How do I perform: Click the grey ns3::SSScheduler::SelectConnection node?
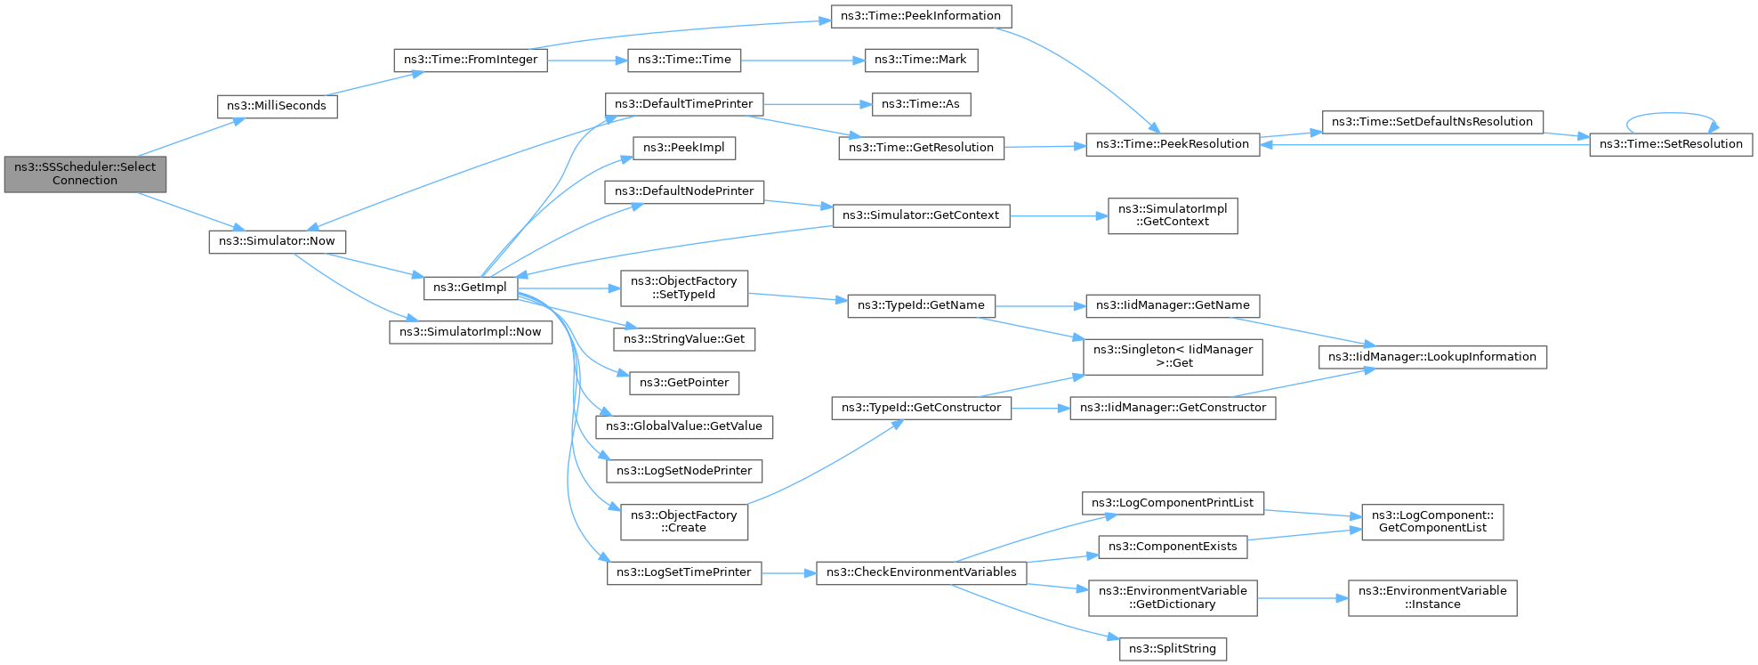coord(85,174)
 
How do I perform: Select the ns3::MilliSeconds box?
coord(277,106)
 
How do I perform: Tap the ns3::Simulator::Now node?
coord(277,241)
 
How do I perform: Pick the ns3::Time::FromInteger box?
coord(471,60)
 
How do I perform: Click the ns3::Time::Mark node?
coord(920,60)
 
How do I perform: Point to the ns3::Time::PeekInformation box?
coord(921,16)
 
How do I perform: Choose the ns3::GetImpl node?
coord(470,288)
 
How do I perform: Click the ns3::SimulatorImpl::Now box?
coord(470,332)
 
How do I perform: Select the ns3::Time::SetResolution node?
coord(1670,144)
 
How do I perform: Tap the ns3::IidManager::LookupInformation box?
coord(1431,357)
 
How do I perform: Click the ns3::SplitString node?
coord(1172,649)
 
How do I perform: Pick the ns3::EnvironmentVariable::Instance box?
coord(1431,597)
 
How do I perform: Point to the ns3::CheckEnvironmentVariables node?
coord(921,572)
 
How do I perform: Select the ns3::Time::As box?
coord(920,104)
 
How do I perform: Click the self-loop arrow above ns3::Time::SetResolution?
coord(1670,114)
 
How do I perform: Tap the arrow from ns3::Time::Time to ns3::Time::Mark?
coord(801,60)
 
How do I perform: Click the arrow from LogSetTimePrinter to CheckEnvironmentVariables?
coord(788,572)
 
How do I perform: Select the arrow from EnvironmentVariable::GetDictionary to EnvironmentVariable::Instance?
coord(1302,598)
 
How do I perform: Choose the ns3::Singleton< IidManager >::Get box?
coord(1172,356)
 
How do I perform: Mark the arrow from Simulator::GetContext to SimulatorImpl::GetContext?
coord(1059,215)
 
